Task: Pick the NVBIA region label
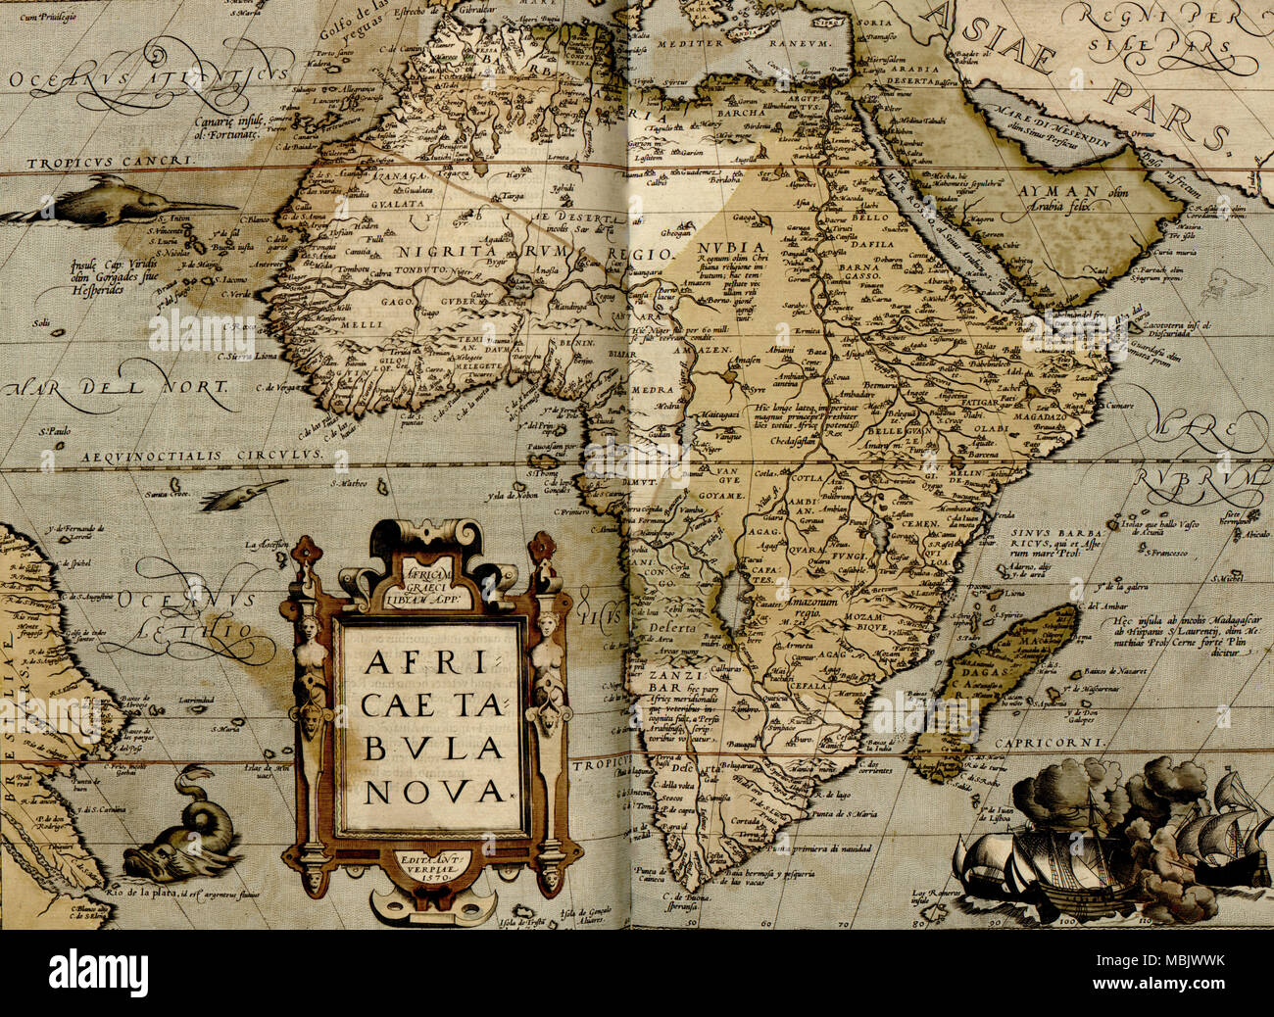pos(729,245)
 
